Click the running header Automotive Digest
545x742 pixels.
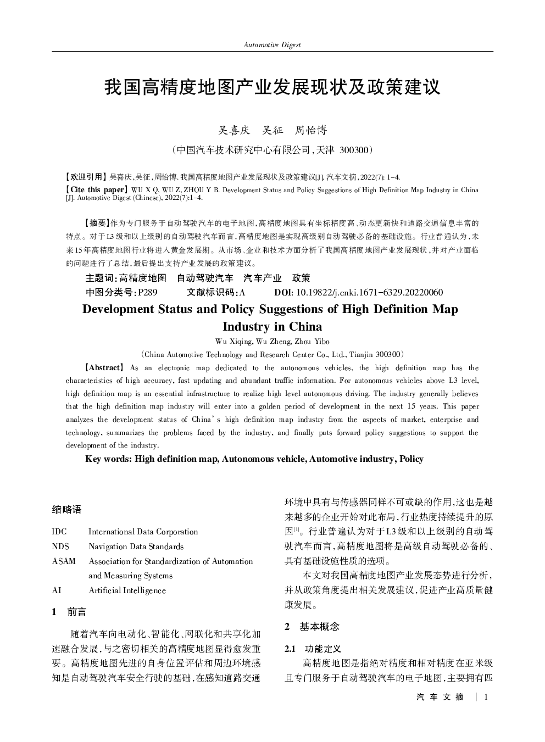tap(272, 45)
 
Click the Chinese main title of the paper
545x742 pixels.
tap(272, 87)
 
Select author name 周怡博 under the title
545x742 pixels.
tap(311, 130)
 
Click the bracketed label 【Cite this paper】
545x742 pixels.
tap(97, 190)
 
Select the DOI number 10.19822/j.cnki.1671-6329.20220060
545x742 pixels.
tap(369, 293)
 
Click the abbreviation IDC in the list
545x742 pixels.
tap(59, 532)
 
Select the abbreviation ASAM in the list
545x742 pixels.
tap(64, 561)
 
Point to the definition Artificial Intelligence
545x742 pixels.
tap(127, 591)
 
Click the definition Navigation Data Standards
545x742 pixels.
tap(136, 546)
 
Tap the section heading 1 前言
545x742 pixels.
tap(69, 612)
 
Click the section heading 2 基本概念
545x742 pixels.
tap(312, 627)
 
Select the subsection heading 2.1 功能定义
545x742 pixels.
tap(313, 649)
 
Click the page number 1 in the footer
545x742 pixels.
tap(486, 697)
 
